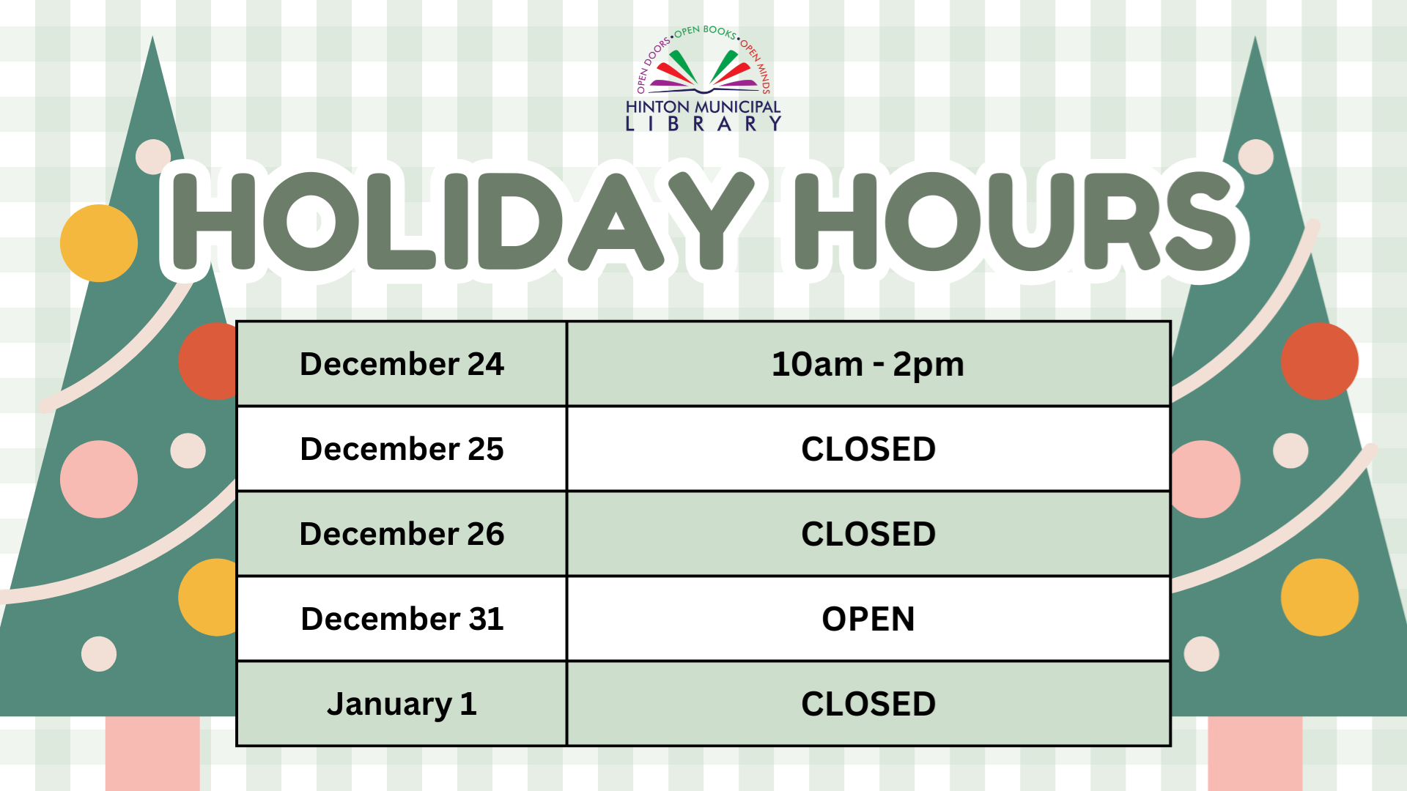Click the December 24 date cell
(402, 364)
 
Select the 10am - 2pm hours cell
(868, 364)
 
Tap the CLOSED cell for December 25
(868, 449)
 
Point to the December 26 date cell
(402, 534)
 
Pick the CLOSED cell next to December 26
(868, 534)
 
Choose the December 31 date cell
(402, 619)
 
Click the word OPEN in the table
(868, 619)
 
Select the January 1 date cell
(402, 704)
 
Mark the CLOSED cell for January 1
(868, 704)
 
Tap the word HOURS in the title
(1016, 221)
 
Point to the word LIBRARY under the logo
(703, 124)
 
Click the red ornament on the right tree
(1319, 361)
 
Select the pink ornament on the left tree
(99, 479)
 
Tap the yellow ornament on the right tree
(1319, 597)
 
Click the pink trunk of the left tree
(152, 753)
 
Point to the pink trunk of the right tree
(1255, 753)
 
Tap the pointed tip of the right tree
(1255, 37)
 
